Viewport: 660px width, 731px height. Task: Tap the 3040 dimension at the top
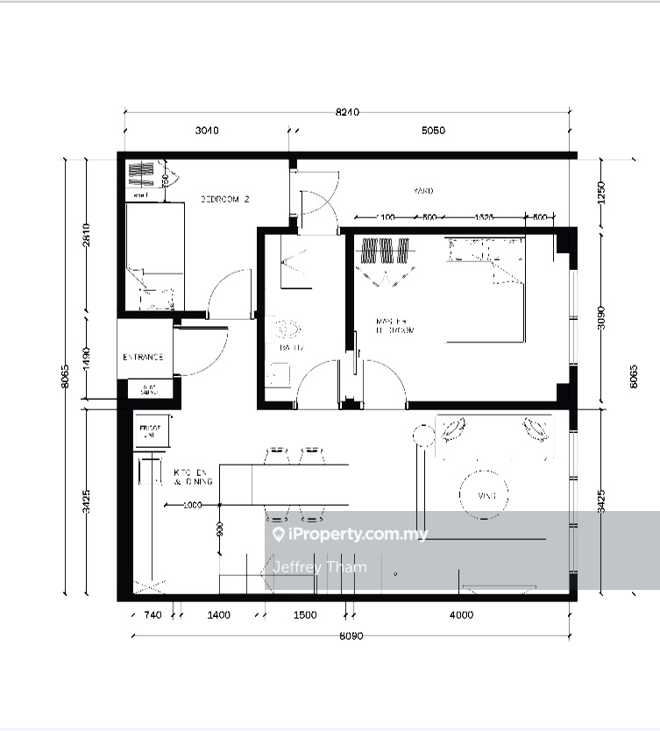206,131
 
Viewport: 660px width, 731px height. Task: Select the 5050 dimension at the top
433,131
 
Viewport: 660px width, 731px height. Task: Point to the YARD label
423,190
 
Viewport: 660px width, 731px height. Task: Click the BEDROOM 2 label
225,199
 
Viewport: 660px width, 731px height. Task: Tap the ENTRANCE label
143,357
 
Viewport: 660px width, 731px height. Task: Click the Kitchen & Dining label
190,476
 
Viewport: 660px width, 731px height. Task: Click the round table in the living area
486,496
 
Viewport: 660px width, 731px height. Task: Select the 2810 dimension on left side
86,236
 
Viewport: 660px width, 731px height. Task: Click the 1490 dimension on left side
86,358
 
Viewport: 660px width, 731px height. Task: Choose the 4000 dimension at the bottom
461,615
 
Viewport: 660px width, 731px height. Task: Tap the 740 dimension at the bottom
152,615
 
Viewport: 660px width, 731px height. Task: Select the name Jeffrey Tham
319,566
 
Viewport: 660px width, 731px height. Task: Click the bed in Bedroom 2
154,254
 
